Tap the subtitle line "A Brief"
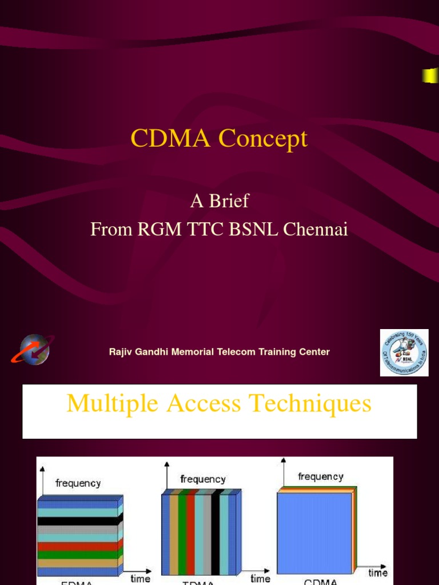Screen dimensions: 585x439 [219, 201]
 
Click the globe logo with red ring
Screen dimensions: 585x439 [33, 350]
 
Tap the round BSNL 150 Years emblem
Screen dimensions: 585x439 [404, 352]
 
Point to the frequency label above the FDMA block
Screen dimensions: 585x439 [78, 483]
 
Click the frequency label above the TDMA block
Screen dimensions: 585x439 [203, 479]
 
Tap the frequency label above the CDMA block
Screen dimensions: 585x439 [321, 476]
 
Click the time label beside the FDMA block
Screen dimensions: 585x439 [140, 578]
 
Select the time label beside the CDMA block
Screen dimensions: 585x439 [378, 572]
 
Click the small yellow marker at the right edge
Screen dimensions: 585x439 [429, 75]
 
